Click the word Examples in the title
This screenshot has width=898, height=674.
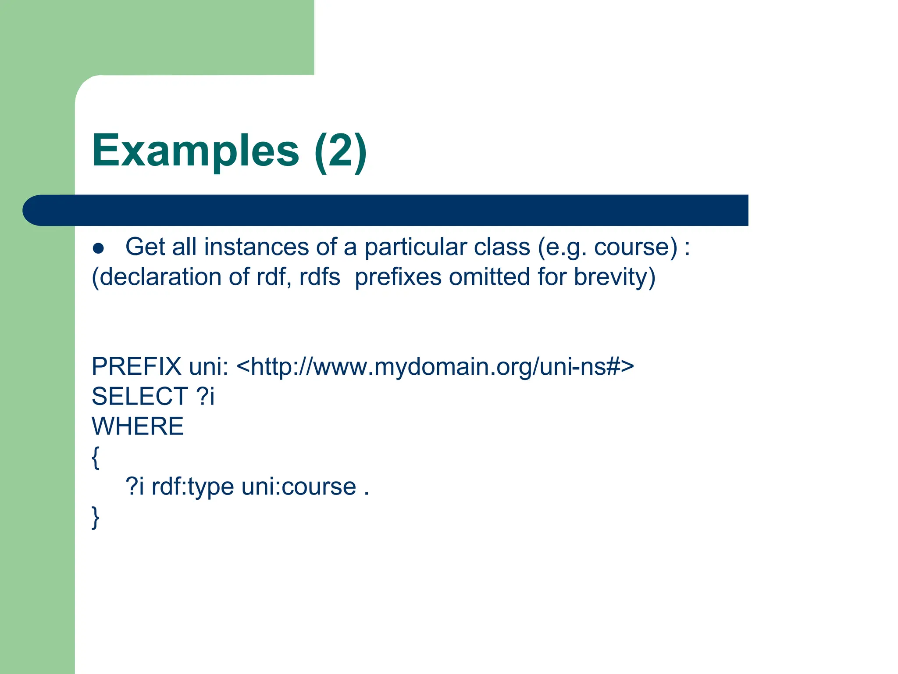click(196, 151)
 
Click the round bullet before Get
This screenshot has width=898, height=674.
click(99, 249)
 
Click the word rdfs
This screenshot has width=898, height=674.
click(319, 277)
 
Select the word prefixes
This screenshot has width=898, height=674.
click(398, 277)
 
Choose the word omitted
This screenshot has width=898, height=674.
click(489, 277)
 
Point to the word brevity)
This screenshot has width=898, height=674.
click(614, 277)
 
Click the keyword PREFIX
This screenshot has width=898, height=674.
click(136, 366)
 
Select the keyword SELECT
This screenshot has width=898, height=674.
click(140, 396)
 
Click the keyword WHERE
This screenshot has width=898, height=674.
click(138, 426)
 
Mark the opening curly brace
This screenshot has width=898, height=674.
click(96, 458)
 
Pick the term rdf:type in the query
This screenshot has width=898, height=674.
click(192, 487)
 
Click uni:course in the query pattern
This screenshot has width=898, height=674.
click(299, 487)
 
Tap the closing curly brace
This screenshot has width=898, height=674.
click(96, 518)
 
